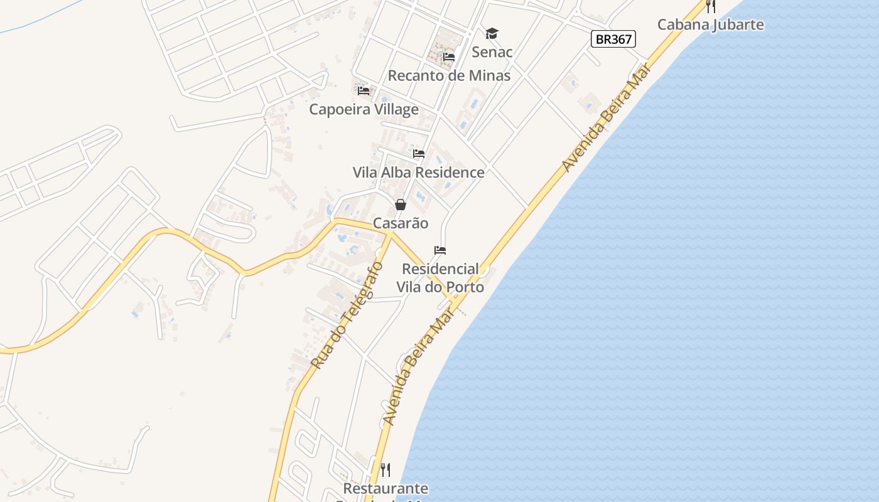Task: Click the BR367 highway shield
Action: tap(613, 39)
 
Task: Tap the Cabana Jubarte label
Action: tap(710, 24)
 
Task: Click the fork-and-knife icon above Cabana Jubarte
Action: tap(710, 6)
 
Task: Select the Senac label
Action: tap(492, 51)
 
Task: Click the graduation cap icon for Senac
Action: tap(492, 33)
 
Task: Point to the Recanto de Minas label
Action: tap(449, 75)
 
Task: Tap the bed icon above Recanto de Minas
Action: tap(449, 57)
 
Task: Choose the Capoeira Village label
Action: tap(364, 109)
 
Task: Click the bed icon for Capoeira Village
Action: tap(364, 91)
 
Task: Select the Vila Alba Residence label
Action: tap(418, 172)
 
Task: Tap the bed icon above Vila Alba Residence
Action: tap(419, 154)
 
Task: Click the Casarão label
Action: tap(401, 223)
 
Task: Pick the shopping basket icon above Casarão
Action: tap(401, 205)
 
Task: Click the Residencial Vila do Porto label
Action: tap(440, 277)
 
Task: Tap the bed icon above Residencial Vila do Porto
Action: tap(440, 250)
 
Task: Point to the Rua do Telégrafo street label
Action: tap(347, 315)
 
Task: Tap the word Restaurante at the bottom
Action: tap(386, 488)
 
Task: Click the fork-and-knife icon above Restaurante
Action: tap(386, 469)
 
